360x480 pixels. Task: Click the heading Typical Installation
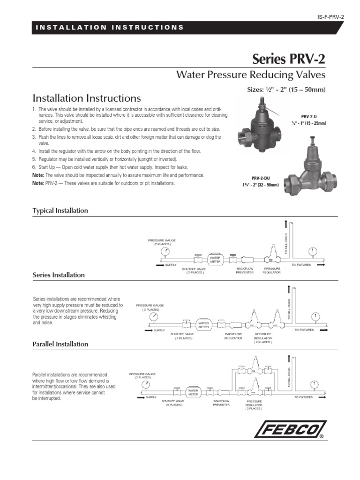tap(60, 211)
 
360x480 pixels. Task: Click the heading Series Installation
tap(59, 275)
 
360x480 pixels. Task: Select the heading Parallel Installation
tap(60, 344)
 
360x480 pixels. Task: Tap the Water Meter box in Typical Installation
tap(215, 259)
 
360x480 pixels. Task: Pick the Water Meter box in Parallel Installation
tap(193, 391)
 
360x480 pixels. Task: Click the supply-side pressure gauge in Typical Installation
tap(165, 251)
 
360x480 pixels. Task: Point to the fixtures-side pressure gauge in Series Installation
tap(317, 316)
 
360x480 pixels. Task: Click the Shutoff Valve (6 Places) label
tap(173, 403)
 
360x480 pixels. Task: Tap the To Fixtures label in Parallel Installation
tap(316, 397)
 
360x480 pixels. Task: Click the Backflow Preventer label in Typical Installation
tap(245, 270)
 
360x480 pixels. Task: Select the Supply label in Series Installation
tap(160, 330)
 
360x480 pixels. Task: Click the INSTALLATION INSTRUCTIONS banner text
tap(110, 27)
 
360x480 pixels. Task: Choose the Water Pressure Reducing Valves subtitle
tap(250, 75)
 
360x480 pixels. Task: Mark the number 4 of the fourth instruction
tap(34, 152)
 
